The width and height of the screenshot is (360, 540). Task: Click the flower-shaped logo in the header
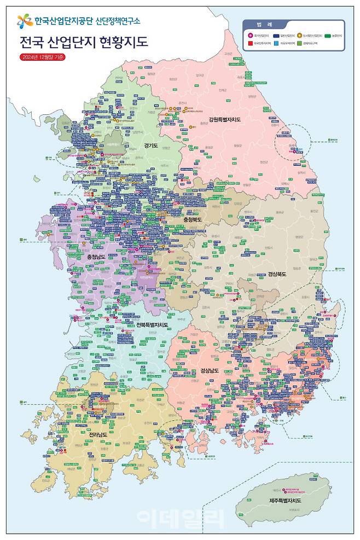[24, 21]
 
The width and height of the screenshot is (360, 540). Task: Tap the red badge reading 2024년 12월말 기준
[42, 57]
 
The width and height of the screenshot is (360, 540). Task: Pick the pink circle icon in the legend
[251, 35]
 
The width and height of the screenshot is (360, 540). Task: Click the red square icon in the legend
[251, 42]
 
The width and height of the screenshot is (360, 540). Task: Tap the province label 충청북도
[192, 219]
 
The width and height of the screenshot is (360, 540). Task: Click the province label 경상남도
[210, 370]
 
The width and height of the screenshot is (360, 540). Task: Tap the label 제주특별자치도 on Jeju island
[285, 500]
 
